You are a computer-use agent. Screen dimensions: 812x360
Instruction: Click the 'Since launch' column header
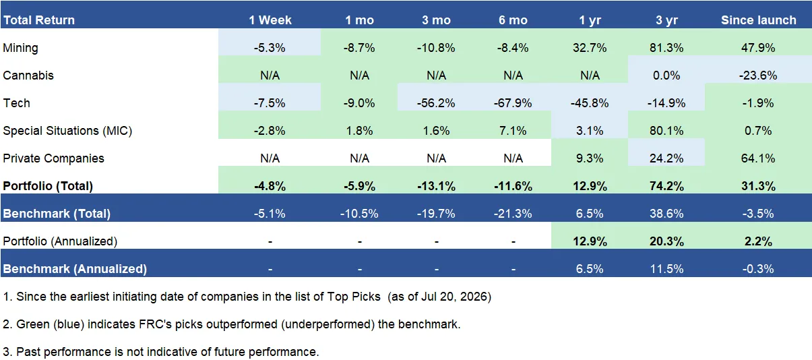758,20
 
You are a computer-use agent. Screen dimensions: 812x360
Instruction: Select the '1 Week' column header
270,20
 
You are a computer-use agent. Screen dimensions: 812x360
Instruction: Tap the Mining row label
20,48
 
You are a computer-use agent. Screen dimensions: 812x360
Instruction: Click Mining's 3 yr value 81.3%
666,48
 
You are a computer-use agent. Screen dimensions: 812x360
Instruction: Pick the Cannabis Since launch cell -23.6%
758,76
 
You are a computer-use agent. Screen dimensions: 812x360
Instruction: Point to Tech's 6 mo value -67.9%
513,103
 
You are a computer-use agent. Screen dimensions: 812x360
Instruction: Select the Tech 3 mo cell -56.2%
436,103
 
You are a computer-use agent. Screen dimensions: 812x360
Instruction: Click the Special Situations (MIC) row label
67,131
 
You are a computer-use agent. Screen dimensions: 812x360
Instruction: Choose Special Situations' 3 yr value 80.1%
666,131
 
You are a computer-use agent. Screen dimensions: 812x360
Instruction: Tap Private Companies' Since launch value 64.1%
758,158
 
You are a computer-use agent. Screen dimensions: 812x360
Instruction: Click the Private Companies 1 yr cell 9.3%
590,158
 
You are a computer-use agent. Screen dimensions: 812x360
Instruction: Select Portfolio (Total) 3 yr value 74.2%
666,186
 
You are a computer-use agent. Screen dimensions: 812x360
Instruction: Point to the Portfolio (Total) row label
48,186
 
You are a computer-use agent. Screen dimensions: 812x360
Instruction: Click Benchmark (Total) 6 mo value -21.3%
513,214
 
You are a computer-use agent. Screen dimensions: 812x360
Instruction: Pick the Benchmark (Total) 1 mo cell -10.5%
359,214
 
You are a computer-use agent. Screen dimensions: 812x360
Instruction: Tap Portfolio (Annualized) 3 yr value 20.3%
666,241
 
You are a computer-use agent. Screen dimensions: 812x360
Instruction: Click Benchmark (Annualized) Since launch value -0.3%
758,269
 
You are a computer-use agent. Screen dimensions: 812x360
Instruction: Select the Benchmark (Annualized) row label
75,269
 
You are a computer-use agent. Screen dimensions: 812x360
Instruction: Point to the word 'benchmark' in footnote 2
429,324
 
